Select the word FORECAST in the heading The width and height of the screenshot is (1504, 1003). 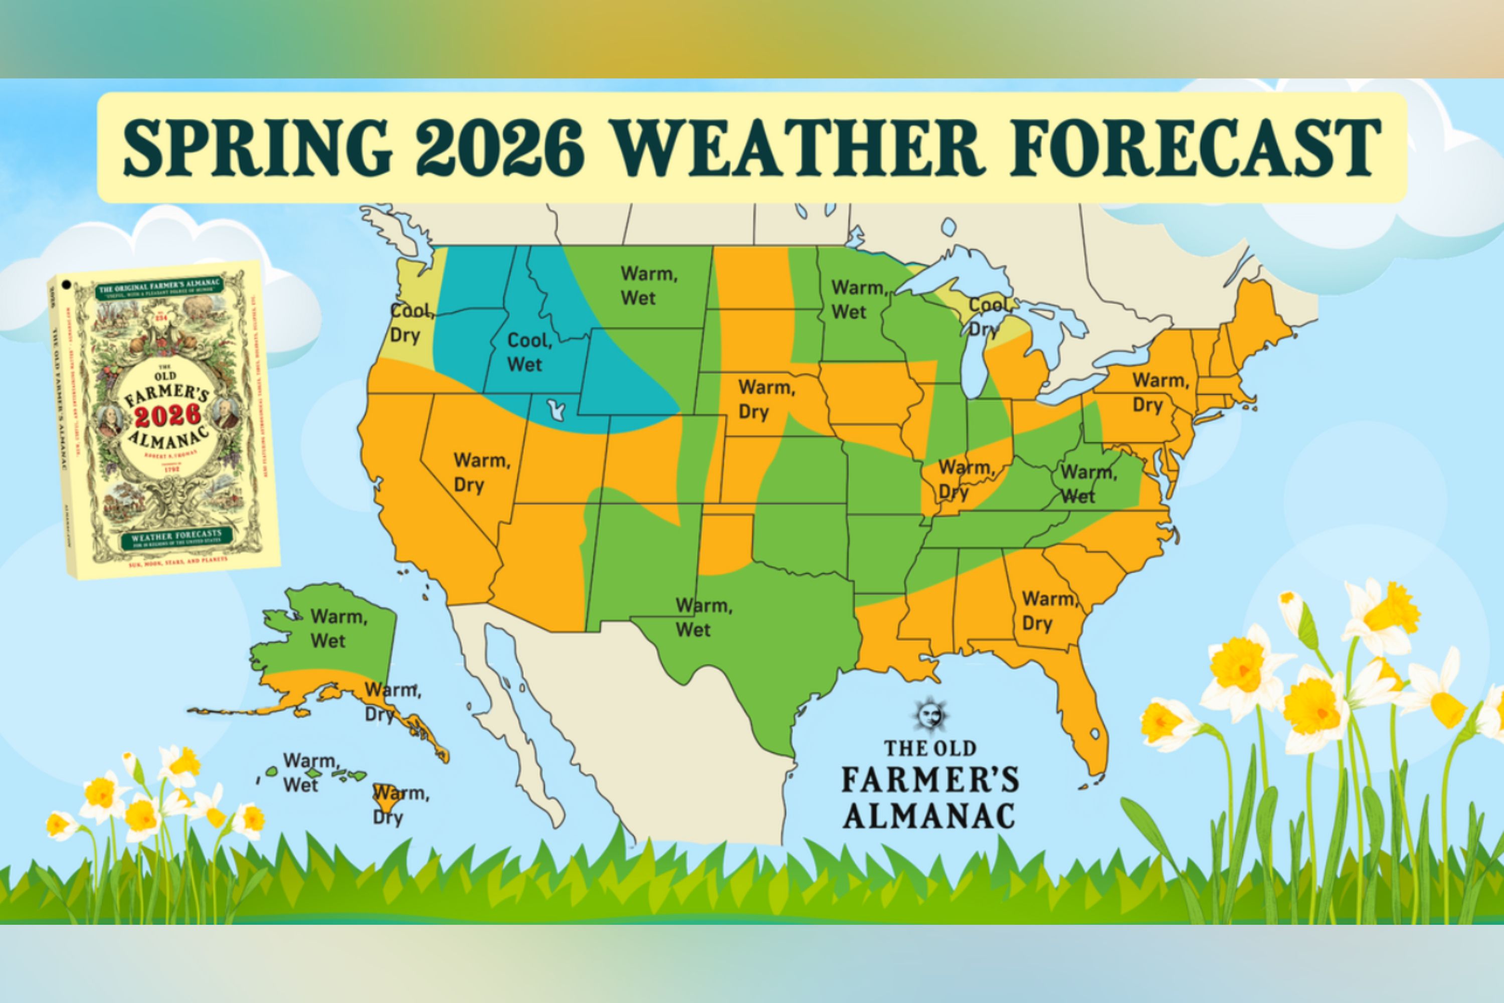pos(1195,148)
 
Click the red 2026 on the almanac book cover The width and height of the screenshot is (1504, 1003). pos(167,416)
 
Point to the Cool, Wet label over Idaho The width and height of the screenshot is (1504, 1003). pos(529,353)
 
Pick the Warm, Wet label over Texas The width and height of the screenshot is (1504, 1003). pos(703,617)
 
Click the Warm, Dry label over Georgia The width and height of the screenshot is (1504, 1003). pos(1049,611)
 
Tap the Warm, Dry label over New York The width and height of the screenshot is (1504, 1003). pos(1160,393)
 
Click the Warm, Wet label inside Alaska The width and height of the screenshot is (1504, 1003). pos(337,629)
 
